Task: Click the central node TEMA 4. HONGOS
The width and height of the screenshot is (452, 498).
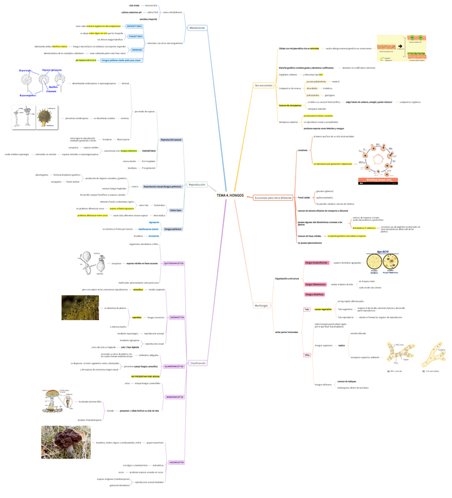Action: (x=230, y=194)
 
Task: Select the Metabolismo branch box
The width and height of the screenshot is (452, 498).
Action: (x=197, y=28)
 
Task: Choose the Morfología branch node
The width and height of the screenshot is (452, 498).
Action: (x=261, y=305)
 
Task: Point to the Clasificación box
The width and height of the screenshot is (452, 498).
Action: (x=198, y=363)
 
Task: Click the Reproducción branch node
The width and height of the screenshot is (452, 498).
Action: (x=197, y=184)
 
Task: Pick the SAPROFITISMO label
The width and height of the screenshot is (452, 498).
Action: (x=134, y=26)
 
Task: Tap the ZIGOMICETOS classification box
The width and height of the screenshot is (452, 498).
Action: (x=176, y=317)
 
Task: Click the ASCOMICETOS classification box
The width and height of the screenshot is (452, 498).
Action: (x=176, y=462)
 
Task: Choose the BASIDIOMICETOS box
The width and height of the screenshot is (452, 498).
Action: (x=175, y=397)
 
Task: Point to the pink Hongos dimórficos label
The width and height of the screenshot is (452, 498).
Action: (x=315, y=294)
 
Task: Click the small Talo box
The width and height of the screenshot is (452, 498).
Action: (x=306, y=309)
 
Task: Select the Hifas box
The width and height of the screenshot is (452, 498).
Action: (x=307, y=355)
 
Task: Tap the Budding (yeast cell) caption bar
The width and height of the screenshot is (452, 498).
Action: (x=376, y=180)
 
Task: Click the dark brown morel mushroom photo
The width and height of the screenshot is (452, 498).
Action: (x=66, y=442)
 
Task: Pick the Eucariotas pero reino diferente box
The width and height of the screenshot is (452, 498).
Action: (x=273, y=198)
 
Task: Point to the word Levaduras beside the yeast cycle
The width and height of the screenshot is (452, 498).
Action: (x=303, y=150)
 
